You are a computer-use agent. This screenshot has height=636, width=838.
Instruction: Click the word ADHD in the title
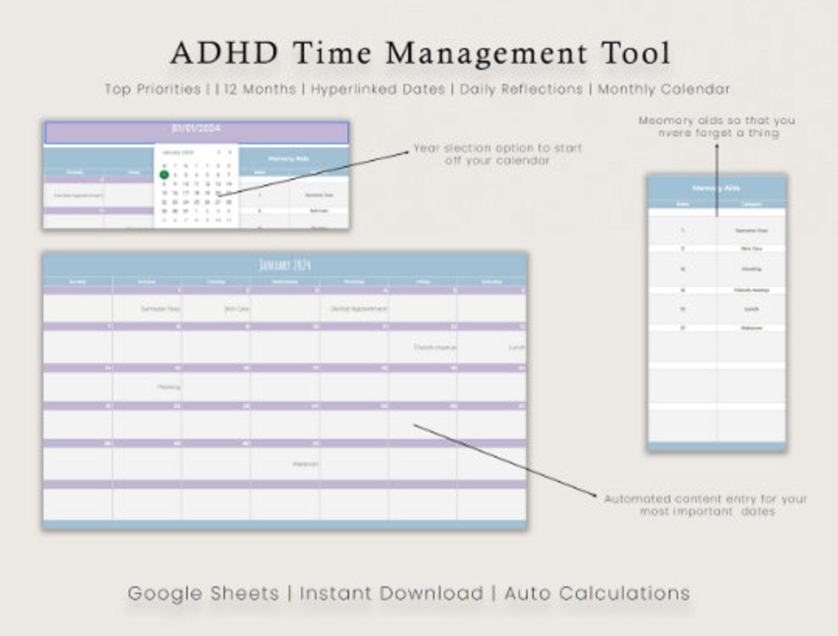tap(224, 53)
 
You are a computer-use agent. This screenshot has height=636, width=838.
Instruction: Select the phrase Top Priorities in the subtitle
tap(153, 89)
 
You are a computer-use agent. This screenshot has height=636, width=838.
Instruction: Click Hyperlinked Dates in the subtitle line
tap(378, 89)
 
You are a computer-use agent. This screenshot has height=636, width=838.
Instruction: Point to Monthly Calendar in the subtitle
tap(663, 89)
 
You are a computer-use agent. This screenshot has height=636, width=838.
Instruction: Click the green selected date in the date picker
tap(164, 175)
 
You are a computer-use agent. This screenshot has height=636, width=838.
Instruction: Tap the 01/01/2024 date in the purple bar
tap(196, 129)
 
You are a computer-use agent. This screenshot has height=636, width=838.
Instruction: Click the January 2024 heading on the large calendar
tap(285, 265)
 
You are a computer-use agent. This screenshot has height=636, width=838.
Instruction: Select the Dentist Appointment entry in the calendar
tap(359, 309)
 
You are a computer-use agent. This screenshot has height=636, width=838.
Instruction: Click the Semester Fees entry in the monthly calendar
tap(160, 309)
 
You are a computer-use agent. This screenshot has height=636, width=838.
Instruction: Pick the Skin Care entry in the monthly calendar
tap(236, 309)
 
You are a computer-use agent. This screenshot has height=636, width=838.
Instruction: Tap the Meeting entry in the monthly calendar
tap(168, 387)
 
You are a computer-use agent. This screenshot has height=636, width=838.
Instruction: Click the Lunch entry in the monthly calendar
tap(516, 347)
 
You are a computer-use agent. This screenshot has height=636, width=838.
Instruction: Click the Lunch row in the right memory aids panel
tap(751, 309)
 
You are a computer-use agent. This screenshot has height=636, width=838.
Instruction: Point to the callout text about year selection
tap(497, 154)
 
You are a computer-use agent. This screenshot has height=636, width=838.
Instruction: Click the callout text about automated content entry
tap(706, 505)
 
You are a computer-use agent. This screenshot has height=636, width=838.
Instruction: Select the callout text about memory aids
tap(717, 127)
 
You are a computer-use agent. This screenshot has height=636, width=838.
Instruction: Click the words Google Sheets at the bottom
tap(203, 593)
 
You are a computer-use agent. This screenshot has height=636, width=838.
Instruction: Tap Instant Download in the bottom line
tap(391, 593)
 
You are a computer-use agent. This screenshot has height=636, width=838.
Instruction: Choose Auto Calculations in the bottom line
tap(597, 593)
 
